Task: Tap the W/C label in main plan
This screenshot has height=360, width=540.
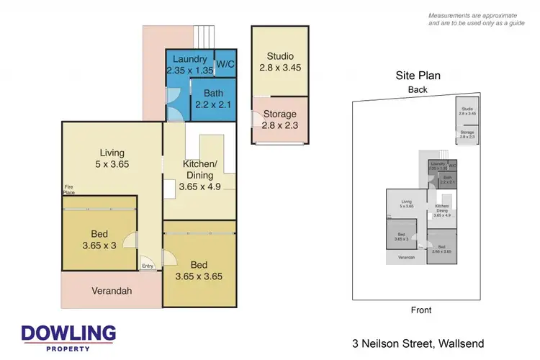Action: (225, 64)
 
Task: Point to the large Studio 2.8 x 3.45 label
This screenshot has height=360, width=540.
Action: (280, 62)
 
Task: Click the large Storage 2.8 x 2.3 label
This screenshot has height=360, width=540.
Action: (280, 120)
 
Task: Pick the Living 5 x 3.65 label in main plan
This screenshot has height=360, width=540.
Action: (112, 158)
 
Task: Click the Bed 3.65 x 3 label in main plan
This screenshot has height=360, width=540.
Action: (98, 240)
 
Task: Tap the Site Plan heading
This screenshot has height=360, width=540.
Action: (418, 75)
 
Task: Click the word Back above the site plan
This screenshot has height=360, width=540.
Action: (418, 90)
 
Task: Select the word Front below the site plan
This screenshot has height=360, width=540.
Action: (420, 310)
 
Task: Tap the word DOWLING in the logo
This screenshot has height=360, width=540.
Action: (69, 334)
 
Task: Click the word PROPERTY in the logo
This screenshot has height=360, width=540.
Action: (69, 349)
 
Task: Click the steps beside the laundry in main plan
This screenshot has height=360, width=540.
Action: (205, 36)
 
